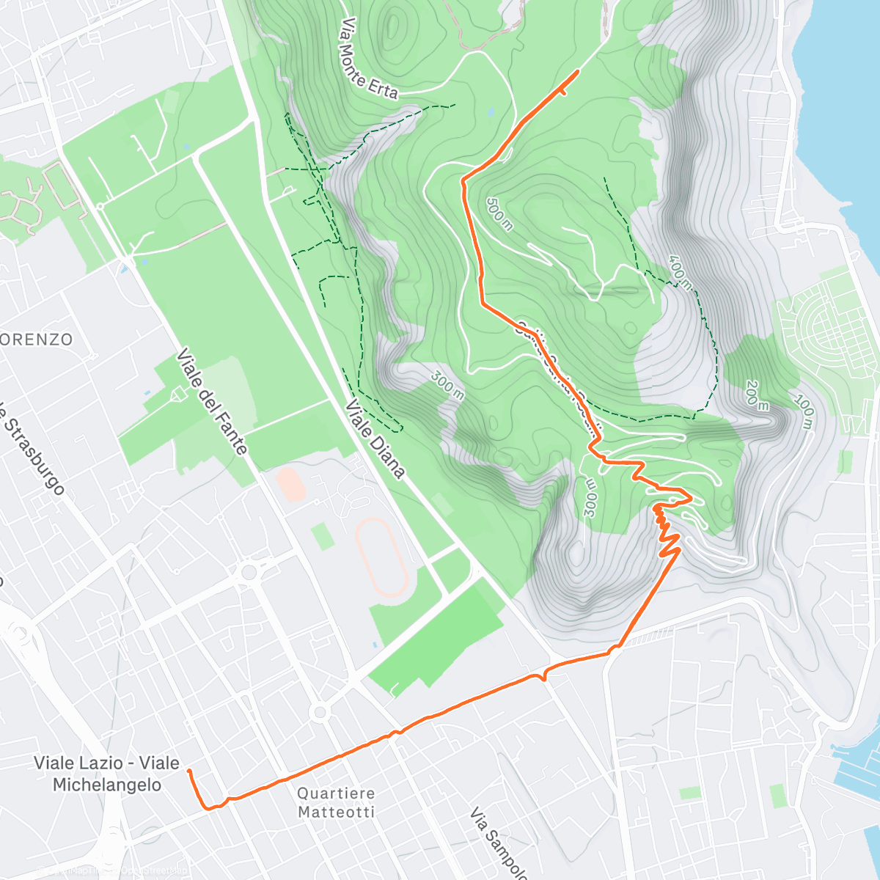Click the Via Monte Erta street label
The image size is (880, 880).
(368, 59)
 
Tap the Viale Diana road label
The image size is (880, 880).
(375, 439)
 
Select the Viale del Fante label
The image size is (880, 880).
(211, 402)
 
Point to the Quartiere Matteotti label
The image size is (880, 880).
(337, 802)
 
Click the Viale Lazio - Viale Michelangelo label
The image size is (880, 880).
(106, 774)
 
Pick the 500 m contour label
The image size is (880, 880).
(499, 213)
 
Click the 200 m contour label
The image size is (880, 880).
(757, 395)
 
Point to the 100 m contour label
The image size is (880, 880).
(804, 414)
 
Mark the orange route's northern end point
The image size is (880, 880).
(578, 71)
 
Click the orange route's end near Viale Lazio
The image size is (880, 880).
(189, 771)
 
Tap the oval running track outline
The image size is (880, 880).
(381, 557)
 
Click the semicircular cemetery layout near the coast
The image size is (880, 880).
(825, 323)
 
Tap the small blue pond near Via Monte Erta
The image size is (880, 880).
(490, 112)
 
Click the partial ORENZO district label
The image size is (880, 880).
(37, 340)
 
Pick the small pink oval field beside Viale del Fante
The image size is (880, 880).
(292, 485)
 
